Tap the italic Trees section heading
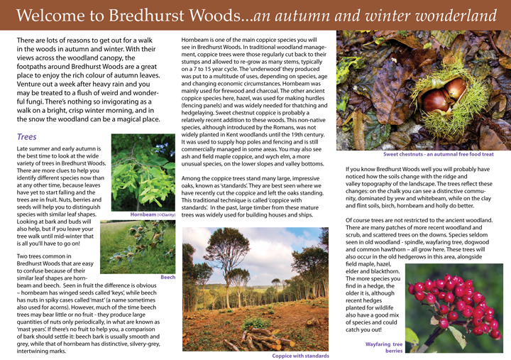(x=27, y=137)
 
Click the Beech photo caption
(x=167, y=279)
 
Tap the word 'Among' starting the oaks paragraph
(x=194, y=178)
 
